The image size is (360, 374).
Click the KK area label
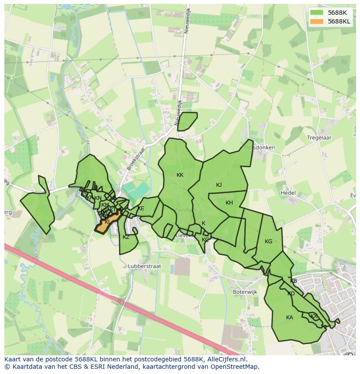tap(180, 175)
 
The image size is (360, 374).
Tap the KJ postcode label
tap(219, 185)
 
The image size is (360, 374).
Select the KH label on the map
tap(229, 203)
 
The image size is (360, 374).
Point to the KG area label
tap(268, 242)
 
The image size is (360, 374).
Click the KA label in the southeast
tap(290, 318)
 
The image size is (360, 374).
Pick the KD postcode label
tap(291, 294)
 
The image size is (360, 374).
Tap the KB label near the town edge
tap(293, 281)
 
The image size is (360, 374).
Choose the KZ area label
tap(126, 237)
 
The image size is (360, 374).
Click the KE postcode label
tap(140, 209)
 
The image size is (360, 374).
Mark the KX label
tap(313, 316)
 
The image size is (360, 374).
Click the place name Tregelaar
tap(320, 138)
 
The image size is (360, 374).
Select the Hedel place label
tap(288, 193)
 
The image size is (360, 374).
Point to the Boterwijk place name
tap(245, 292)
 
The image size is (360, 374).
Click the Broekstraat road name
tap(133, 159)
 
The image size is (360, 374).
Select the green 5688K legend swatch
tap(317, 13)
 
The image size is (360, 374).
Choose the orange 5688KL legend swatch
tap(317, 21)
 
